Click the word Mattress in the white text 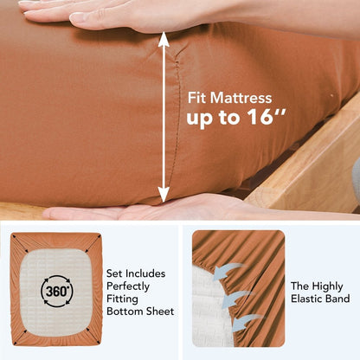241,98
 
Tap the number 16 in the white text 260,117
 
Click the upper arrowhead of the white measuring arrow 164,40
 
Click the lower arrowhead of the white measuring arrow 164,194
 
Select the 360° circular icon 57,291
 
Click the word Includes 145,273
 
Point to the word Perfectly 128,286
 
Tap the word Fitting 122,299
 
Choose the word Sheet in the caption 160,312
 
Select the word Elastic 307,299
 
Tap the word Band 338,299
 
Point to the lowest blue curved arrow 245,322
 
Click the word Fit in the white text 197,98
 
